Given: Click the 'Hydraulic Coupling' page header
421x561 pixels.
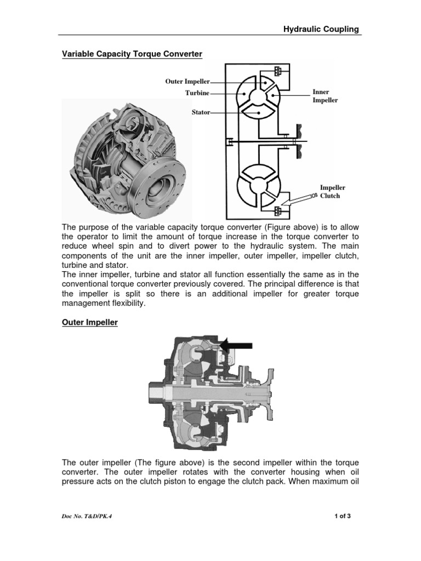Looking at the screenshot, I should pyautogui.click(x=321, y=30).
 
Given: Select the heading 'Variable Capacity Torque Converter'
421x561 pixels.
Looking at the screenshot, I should pyautogui.click(x=131, y=54).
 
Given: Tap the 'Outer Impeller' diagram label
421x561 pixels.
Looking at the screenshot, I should pyautogui.click(x=187, y=81).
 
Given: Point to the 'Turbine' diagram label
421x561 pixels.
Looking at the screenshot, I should pyautogui.click(x=197, y=93).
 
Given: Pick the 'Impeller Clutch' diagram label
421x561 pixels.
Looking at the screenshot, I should pyautogui.click(x=333, y=192).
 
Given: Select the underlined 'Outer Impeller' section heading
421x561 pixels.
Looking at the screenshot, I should pyautogui.click(x=89, y=323).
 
